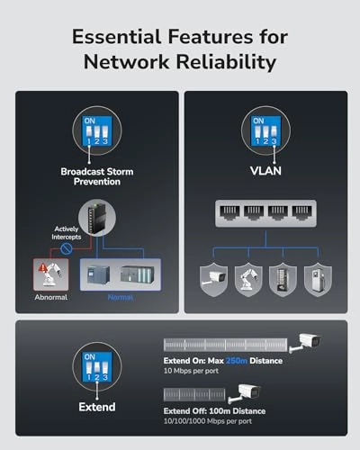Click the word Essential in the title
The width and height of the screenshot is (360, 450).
click(116, 37)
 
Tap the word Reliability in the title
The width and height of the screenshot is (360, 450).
click(226, 62)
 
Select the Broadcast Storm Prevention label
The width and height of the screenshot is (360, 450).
click(97, 176)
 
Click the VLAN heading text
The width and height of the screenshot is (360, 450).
click(265, 171)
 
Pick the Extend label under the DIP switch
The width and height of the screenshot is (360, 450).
click(97, 407)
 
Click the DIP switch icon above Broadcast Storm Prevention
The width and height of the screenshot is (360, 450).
click(97, 130)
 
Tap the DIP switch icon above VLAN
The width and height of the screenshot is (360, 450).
click(265, 130)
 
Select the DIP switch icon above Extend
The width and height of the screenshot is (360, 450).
click(97, 367)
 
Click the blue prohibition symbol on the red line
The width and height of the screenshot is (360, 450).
click(67, 248)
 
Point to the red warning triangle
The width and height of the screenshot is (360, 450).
click(43, 266)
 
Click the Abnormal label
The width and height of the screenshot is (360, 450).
click(51, 297)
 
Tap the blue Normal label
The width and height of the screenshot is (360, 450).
click(121, 297)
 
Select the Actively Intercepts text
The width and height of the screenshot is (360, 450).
click(67, 233)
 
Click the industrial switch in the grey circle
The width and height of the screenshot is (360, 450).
click(97, 218)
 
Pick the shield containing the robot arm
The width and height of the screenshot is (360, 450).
click(248, 280)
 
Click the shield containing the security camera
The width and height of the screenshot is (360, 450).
click(213, 280)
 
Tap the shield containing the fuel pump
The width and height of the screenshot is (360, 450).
click(318, 280)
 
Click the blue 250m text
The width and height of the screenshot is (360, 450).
click(237, 361)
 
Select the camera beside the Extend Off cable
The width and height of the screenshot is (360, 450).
click(245, 393)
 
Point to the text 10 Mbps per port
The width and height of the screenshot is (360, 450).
click(191, 371)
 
